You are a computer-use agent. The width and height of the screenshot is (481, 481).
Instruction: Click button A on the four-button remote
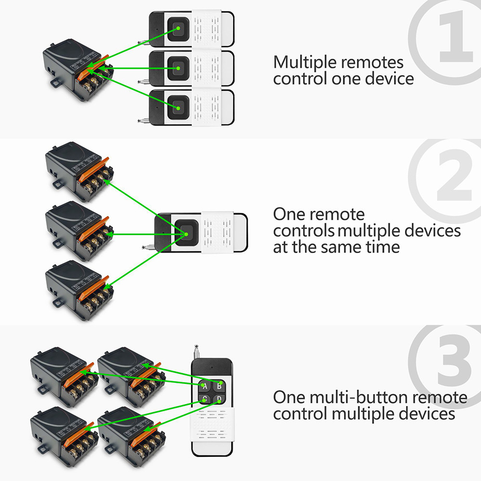[204, 386]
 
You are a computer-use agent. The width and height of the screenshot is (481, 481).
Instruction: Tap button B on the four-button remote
[219, 385]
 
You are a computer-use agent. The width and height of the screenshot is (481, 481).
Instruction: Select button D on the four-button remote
[219, 399]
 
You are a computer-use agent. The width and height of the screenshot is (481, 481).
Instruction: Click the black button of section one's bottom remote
[178, 107]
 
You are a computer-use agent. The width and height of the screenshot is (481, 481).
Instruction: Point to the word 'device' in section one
[389, 78]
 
